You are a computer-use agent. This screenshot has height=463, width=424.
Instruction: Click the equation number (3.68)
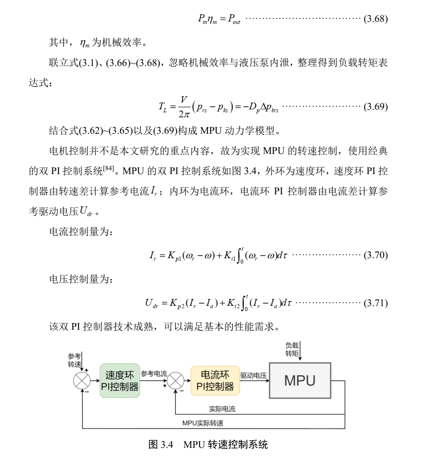[x=375, y=19]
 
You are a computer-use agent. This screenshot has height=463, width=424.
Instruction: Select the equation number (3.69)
[x=375, y=106]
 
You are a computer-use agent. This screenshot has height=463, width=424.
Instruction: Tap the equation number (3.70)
[x=375, y=255]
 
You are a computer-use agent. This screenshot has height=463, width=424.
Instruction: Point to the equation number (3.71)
[x=375, y=303]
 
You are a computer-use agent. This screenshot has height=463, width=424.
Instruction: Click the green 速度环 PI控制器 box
[x=120, y=381]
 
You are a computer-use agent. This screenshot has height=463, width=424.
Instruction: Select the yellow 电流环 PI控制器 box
[x=215, y=381]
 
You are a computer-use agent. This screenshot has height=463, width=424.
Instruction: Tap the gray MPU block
[x=299, y=380]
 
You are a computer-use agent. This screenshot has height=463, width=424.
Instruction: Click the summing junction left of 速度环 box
[x=82, y=381]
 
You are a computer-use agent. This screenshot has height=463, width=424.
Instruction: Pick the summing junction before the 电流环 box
[x=176, y=381]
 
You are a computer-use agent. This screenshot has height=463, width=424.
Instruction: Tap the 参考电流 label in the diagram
[x=154, y=373]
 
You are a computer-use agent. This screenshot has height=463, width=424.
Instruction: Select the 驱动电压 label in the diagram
[x=253, y=375]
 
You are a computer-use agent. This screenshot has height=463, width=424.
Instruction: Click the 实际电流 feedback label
[x=222, y=409]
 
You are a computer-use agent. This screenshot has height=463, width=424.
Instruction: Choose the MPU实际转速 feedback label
[x=203, y=423]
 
